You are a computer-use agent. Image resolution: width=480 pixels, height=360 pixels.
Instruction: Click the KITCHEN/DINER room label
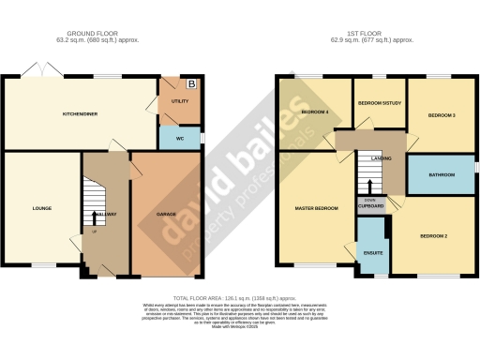tap(81, 113)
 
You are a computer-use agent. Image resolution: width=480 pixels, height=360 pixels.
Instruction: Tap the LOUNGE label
tap(40, 208)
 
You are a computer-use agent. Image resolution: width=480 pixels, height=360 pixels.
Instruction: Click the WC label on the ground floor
tap(180, 139)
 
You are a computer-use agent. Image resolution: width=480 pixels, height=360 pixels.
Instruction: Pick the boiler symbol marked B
tap(193, 82)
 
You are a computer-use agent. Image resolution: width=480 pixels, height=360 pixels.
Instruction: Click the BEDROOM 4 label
tap(313, 112)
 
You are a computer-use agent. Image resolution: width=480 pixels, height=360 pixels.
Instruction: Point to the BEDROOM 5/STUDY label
tap(378, 104)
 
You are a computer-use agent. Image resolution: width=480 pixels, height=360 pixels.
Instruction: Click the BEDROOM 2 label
tap(432, 235)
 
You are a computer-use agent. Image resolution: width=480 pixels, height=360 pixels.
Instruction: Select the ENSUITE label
tap(373, 252)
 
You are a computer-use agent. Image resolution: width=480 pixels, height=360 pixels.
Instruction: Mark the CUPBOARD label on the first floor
tap(370, 208)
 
